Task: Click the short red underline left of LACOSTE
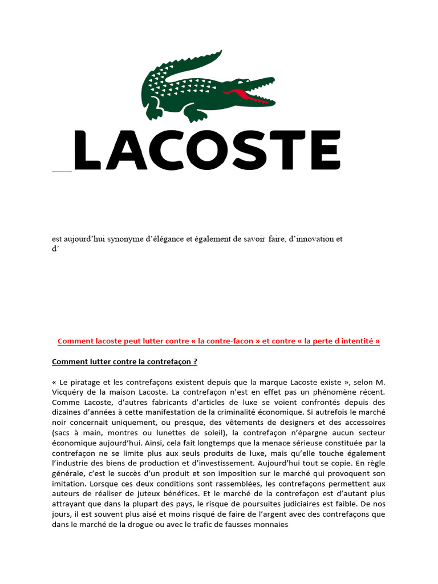[62, 171]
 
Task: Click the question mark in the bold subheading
[195, 362]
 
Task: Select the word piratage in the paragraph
[83, 382]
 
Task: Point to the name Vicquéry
[69, 392]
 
